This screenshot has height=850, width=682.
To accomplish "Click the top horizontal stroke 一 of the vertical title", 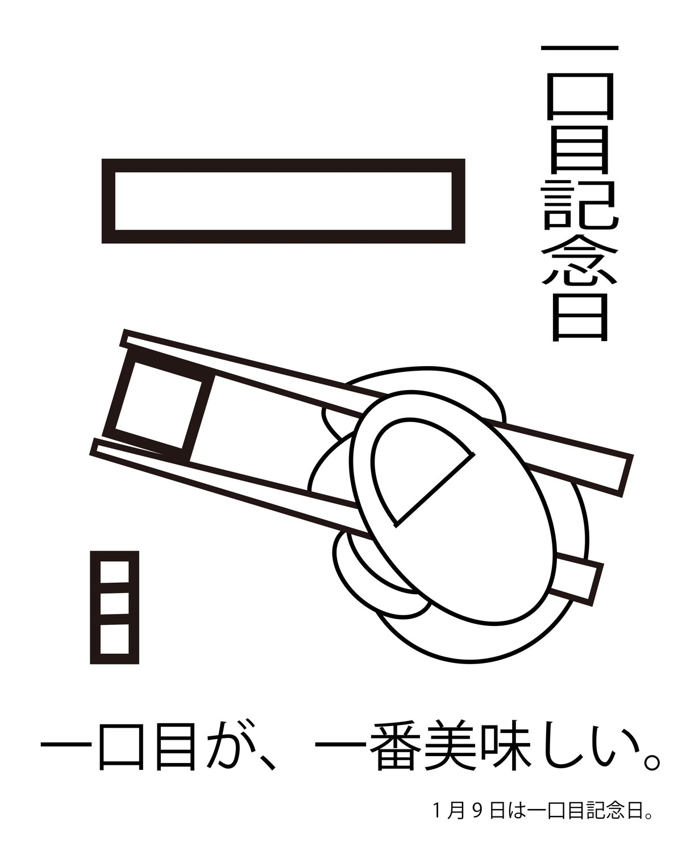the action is [579, 48].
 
